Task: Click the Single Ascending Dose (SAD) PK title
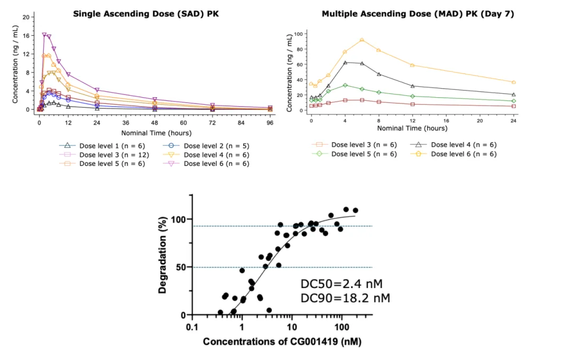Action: [146, 14]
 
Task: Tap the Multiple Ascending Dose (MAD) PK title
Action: [418, 14]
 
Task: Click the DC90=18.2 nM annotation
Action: [345, 299]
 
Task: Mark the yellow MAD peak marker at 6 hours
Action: [362, 40]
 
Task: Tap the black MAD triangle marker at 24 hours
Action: [513, 94]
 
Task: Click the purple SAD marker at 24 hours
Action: [97, 90]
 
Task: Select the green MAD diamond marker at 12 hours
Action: [412, 96]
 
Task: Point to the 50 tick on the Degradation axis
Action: [181, 267]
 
